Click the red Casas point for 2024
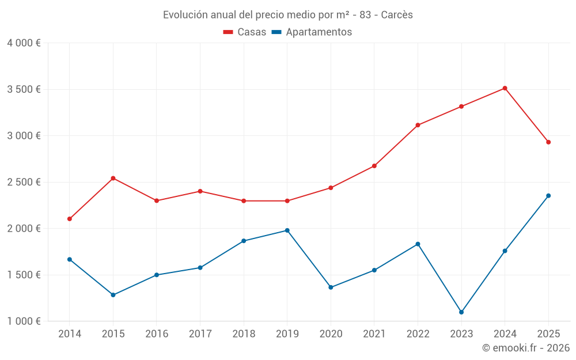pyautogui.click(x=505, y=88)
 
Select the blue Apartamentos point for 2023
pyautogui.click(x=461, y=312)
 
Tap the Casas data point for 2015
pyautogui.click(x=113, y=178)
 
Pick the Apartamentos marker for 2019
pyautogui.click(x=287, y=230)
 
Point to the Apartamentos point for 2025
pyautogui.click(x=548, y=196)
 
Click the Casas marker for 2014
pyautogui.click(x=70, y=219)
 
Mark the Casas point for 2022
pyautogui.click(x=418, y=125)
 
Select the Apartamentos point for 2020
pyautogui.click(x=331, y=287)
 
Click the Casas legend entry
pyautogui.click(x=245, y=32)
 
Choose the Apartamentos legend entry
pyautogui.click(x=312, y=32)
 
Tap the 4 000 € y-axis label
pyautogui.click(x=24, y=43)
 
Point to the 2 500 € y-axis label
pyautogui.click(x=24, y=182)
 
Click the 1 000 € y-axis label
pyautogui.click(x=24, y=321)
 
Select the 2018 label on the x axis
pyautogui.click(x=244, y=334)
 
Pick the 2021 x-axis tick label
pyautogui.click(x=374, y=334)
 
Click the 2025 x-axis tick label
pyautogui.click(x=548, y=334)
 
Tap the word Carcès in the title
pyautogui.click(x=397, y=15)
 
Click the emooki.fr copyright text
pyautogui.click(x=525, y=348)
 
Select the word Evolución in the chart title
pyautogui.click(x=184, y=15)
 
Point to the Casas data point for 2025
pyautogui.click(x=548, y=142)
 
